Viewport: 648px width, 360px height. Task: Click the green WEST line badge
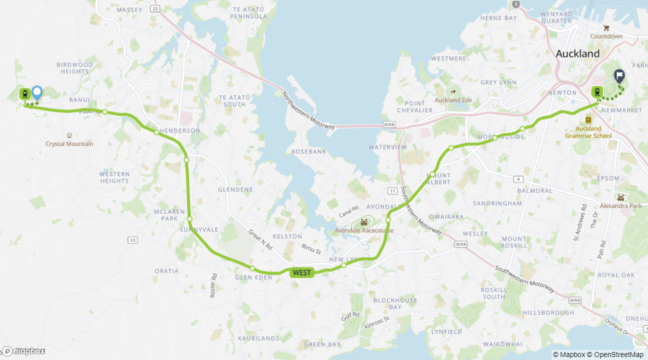pyautogui.click(x=301, y=272)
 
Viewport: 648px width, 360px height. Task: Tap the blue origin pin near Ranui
pyautogui.click(x=37, y=92)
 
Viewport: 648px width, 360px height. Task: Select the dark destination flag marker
pyautogui.click(x=619, y=76)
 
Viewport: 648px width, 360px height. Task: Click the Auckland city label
pyautogui.click(x=577, y=53)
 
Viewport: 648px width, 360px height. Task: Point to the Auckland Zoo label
pyautogui.click(x=453, y=100)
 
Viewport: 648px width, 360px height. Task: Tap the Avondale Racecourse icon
pyautogui.click(x=363, y=221)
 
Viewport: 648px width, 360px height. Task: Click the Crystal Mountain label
pyautogui.click(x=69, y=144)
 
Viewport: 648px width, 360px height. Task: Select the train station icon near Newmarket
pyautogui.click(x=597, y=91)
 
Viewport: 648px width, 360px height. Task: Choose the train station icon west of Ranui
pyautogui.click(x=24, y=93)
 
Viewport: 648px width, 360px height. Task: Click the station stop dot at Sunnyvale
pyautogui.click(x=190, y=219)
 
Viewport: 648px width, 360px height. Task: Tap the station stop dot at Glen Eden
pyautogui.click(x=252, y=268)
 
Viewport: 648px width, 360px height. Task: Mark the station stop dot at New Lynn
pyautogui.click(x=343, y=265)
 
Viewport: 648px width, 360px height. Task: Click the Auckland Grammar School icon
pyautogui.click(x=588, y=120)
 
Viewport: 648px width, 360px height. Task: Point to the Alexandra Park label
pyautogui.click(x=620, y=206)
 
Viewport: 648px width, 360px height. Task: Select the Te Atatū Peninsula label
pyautogui.click(x=248, y=13)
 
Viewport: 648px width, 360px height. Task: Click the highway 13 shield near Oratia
pyautogui.click(x=132, y=240)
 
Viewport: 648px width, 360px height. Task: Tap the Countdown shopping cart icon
pyautogui.click(x=606, y=28)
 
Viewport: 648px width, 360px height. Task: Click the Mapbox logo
pyautogui.click(x=24, y=351)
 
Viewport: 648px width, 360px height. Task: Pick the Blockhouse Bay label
pyautogui.click(x=395, y=303)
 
